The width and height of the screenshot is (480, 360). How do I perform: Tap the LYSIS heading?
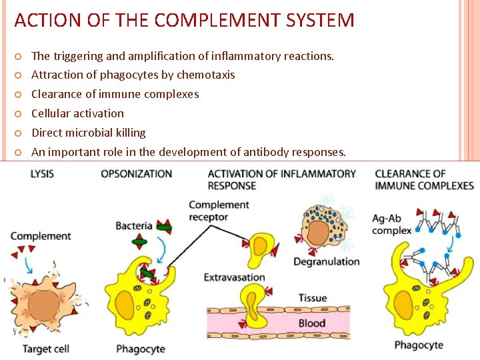click(x=42, y=174)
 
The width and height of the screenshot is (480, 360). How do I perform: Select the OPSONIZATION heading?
click(x=137, y=174)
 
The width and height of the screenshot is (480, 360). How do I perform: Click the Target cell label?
click(x=47, y=349)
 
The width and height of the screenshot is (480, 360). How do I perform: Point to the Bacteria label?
click(x=134, y=226)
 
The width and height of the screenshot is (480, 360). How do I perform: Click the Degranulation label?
click(x=326, y=261)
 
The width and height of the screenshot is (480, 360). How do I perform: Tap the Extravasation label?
click(x=235, y=277)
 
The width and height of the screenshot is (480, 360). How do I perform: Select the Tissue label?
click(x=312, y=298)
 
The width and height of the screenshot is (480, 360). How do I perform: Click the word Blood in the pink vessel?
click(x=312, y=323)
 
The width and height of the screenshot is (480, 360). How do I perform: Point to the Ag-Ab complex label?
click(x=391, y=224)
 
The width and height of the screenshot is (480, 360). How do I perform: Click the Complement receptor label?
click(x=219, y=211)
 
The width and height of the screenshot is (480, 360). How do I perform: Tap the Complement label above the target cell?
click(x=41, y=236)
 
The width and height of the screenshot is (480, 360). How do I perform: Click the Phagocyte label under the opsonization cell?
click(x=141, y=349)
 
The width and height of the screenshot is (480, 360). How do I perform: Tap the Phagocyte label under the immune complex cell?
click(x=419, y=345)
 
